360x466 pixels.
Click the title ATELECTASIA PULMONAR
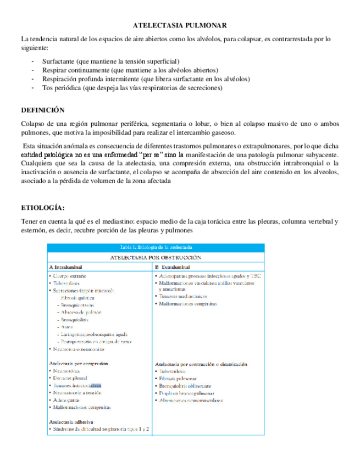[180, 26]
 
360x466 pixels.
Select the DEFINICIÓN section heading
[42, 110]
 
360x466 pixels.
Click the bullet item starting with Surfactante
[110, 61]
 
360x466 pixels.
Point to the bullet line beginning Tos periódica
[132, 87]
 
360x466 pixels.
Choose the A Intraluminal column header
[69, 266]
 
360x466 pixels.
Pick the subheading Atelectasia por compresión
[79, 363]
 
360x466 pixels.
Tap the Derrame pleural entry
[71, 378]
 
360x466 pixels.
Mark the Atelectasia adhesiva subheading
[70, 421]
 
